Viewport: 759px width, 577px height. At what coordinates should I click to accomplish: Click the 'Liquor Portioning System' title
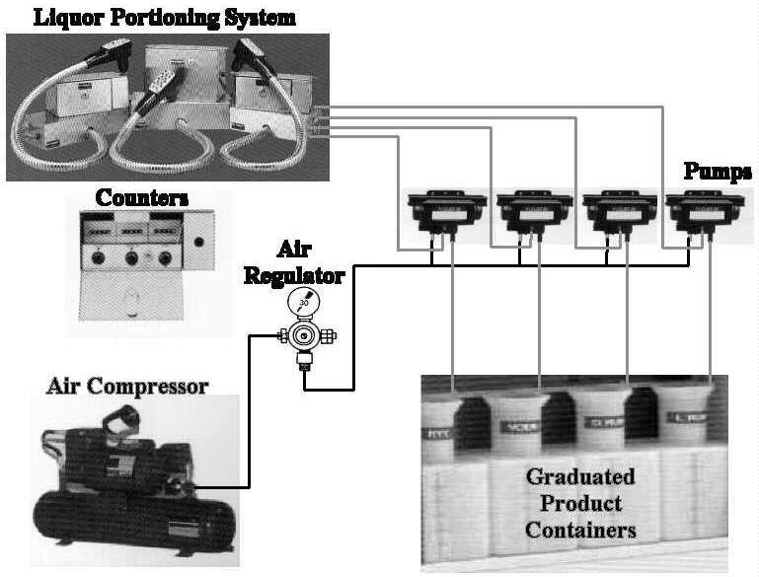click(x=150, y=17)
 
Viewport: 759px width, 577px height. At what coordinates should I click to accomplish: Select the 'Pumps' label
click(x=718, y=173)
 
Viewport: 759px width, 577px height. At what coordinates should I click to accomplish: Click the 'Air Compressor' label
click(x=127, y=386)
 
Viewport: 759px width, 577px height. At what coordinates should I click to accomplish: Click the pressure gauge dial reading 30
click(x=303, y=302)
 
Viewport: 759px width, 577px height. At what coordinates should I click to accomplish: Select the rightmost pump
click(x=703, y=210)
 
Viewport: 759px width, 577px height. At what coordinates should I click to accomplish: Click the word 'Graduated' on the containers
click(x=579, y=478)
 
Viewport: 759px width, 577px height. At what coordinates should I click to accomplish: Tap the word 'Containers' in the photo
click(x=580, y=531)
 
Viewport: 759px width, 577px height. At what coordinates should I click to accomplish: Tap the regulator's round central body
click(x=303, y=337)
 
